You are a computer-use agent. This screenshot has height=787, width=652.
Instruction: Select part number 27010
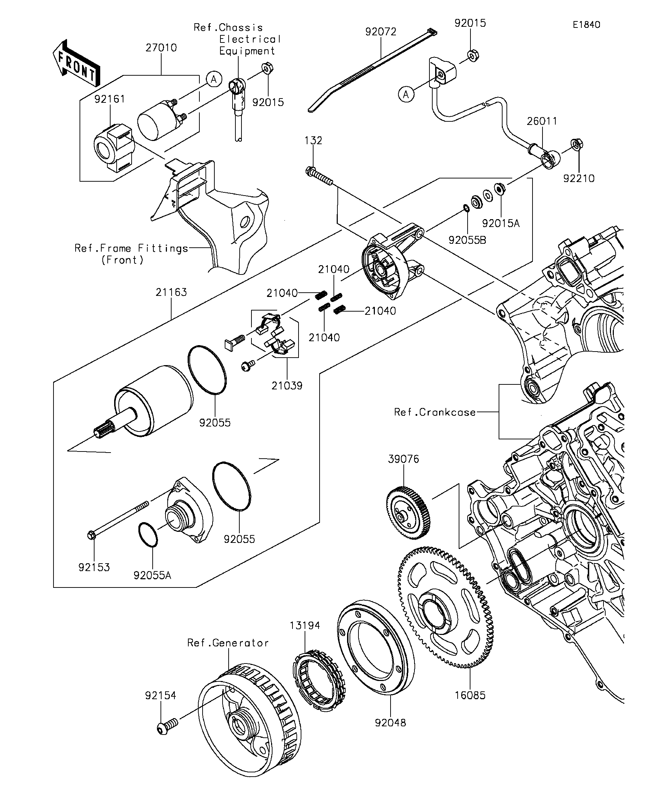tap(161, 48)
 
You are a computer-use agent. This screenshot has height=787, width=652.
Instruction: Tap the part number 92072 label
tap(381, 31)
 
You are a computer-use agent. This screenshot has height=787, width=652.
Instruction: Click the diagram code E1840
tap(586, 25)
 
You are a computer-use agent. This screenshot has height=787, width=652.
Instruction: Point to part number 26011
tap(542, 121)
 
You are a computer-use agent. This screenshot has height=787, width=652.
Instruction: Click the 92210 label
tap(579, 178)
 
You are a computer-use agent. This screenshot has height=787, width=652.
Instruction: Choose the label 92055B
tap(467, 240)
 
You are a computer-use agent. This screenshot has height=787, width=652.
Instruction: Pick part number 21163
tap(171, 292)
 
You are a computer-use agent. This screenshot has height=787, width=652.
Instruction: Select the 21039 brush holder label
tap(287, 385)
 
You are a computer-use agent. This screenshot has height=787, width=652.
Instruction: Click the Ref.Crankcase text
tap(434, 412)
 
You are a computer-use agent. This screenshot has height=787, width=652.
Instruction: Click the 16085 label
tap(470, 695)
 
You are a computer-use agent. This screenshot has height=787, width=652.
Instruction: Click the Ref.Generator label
tap(228, 643)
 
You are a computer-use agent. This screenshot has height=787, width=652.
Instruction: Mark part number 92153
tap(94, 567)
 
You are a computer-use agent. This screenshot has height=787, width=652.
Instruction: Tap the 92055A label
tap(152, 575)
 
